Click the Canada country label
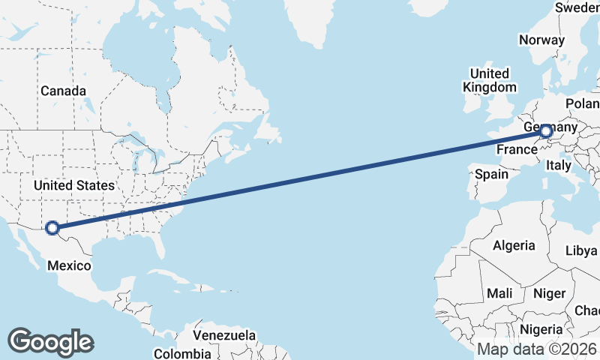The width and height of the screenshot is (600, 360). pyautogui.click(x=63, y=91)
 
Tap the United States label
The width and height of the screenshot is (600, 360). pyautogui.click(x=74, y=185)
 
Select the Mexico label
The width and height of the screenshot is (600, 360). pyautogui.click(x=69, y=265)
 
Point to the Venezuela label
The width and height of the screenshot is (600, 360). pyautogui.click(x=224, y=335)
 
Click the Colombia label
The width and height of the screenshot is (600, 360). pyautogui.click(x=182, y=353)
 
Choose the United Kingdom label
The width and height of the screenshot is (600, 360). pyautogui.click(x=490, y=80)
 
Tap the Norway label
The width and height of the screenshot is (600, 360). pyautogui.click(x=541, y=40)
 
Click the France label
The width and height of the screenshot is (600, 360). pyautogui.click(x=517, y=150)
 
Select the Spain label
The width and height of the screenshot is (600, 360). pyautogui.click(x=491, y=175)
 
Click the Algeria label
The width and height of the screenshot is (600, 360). pyautogui.click(x=514, y=245)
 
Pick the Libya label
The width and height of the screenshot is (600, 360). pyautogui.click(x=582, y=250)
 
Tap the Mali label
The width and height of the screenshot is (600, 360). pyautogui.click(x=499, y=292)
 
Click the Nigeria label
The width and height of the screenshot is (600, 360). pyautogui.click(x=541, y=328)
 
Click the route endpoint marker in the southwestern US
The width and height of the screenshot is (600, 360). pyautogui.click(x=52, y=227)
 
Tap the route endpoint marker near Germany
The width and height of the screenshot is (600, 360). pyautogui.click(x=546, y=133)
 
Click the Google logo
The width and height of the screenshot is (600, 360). pyautogui.click(x=50, y=341)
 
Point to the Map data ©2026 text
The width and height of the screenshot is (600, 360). pyautogui.click(x=537, y=349)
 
